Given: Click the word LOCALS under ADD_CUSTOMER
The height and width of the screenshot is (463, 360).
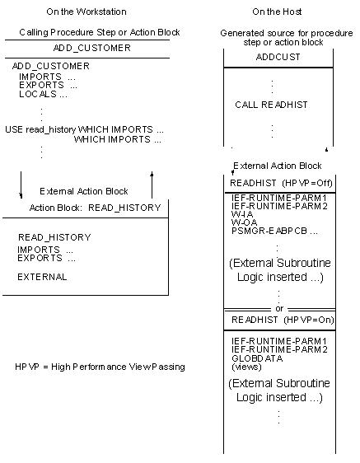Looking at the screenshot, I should tap(37, 94).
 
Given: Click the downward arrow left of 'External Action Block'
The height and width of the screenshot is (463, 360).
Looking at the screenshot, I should tap(21, 185).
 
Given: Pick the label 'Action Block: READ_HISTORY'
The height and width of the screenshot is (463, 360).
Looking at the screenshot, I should tap(95, 208).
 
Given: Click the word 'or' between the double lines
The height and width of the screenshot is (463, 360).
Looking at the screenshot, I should tap(279, 309).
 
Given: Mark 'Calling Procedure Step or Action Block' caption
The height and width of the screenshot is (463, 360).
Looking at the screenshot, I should tap(87, 33).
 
